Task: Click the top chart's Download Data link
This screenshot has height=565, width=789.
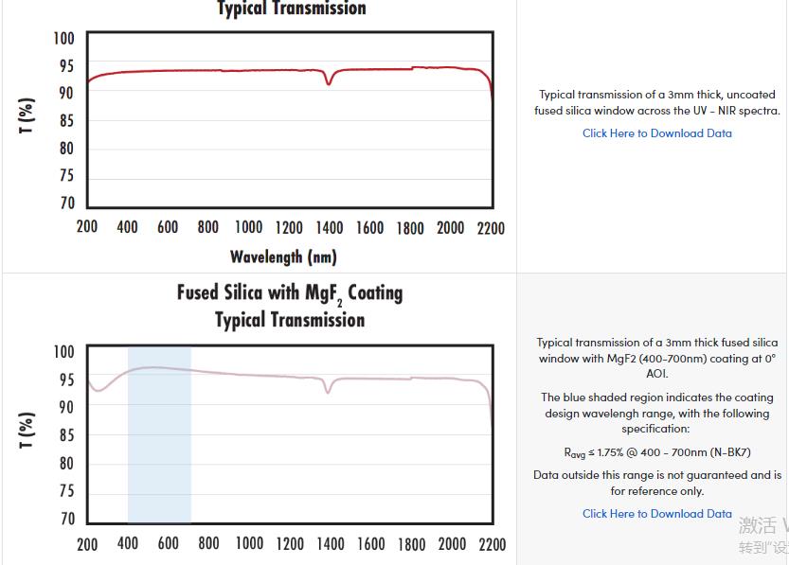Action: pos(656,133)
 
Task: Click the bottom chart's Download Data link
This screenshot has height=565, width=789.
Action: pos(656,514)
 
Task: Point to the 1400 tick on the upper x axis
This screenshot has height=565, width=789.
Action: pos(330,228)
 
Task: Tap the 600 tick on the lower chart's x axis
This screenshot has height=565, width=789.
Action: pos(169,544)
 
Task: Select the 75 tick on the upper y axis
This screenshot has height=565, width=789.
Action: pos(66,176)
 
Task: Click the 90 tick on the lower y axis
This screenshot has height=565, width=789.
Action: pos(64,408)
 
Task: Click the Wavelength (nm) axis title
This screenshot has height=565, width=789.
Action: pos(283,256)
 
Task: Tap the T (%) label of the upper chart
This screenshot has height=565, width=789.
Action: pos(27,115)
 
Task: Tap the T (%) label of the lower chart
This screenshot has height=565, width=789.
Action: pos(27,431)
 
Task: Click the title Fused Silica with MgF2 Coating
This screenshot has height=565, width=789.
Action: pos(289,293)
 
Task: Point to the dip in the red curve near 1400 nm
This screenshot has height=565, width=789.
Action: pos(329,83)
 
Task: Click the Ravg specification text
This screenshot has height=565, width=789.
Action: pos(656,452)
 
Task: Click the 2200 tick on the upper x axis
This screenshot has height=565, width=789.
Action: pos(491,228)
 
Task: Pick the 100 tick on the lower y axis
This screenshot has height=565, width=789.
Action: pos(63,352)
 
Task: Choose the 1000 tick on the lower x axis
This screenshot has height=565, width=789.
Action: pos(249,544)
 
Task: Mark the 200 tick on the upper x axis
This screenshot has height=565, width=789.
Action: pos(87,228)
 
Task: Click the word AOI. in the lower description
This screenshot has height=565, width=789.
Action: pos(656,374)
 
